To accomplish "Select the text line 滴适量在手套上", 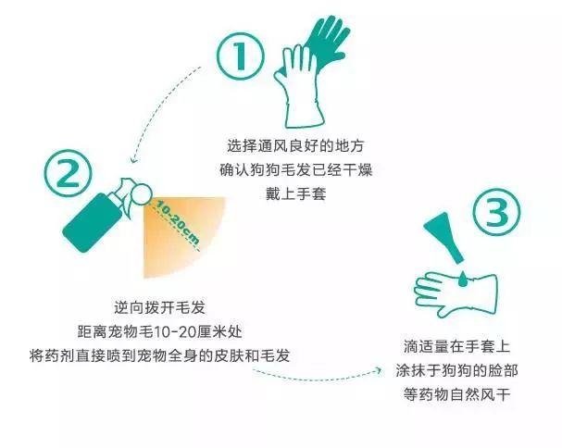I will [x=458, y=346].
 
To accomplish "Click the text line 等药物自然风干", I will [x=458, y=394].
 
